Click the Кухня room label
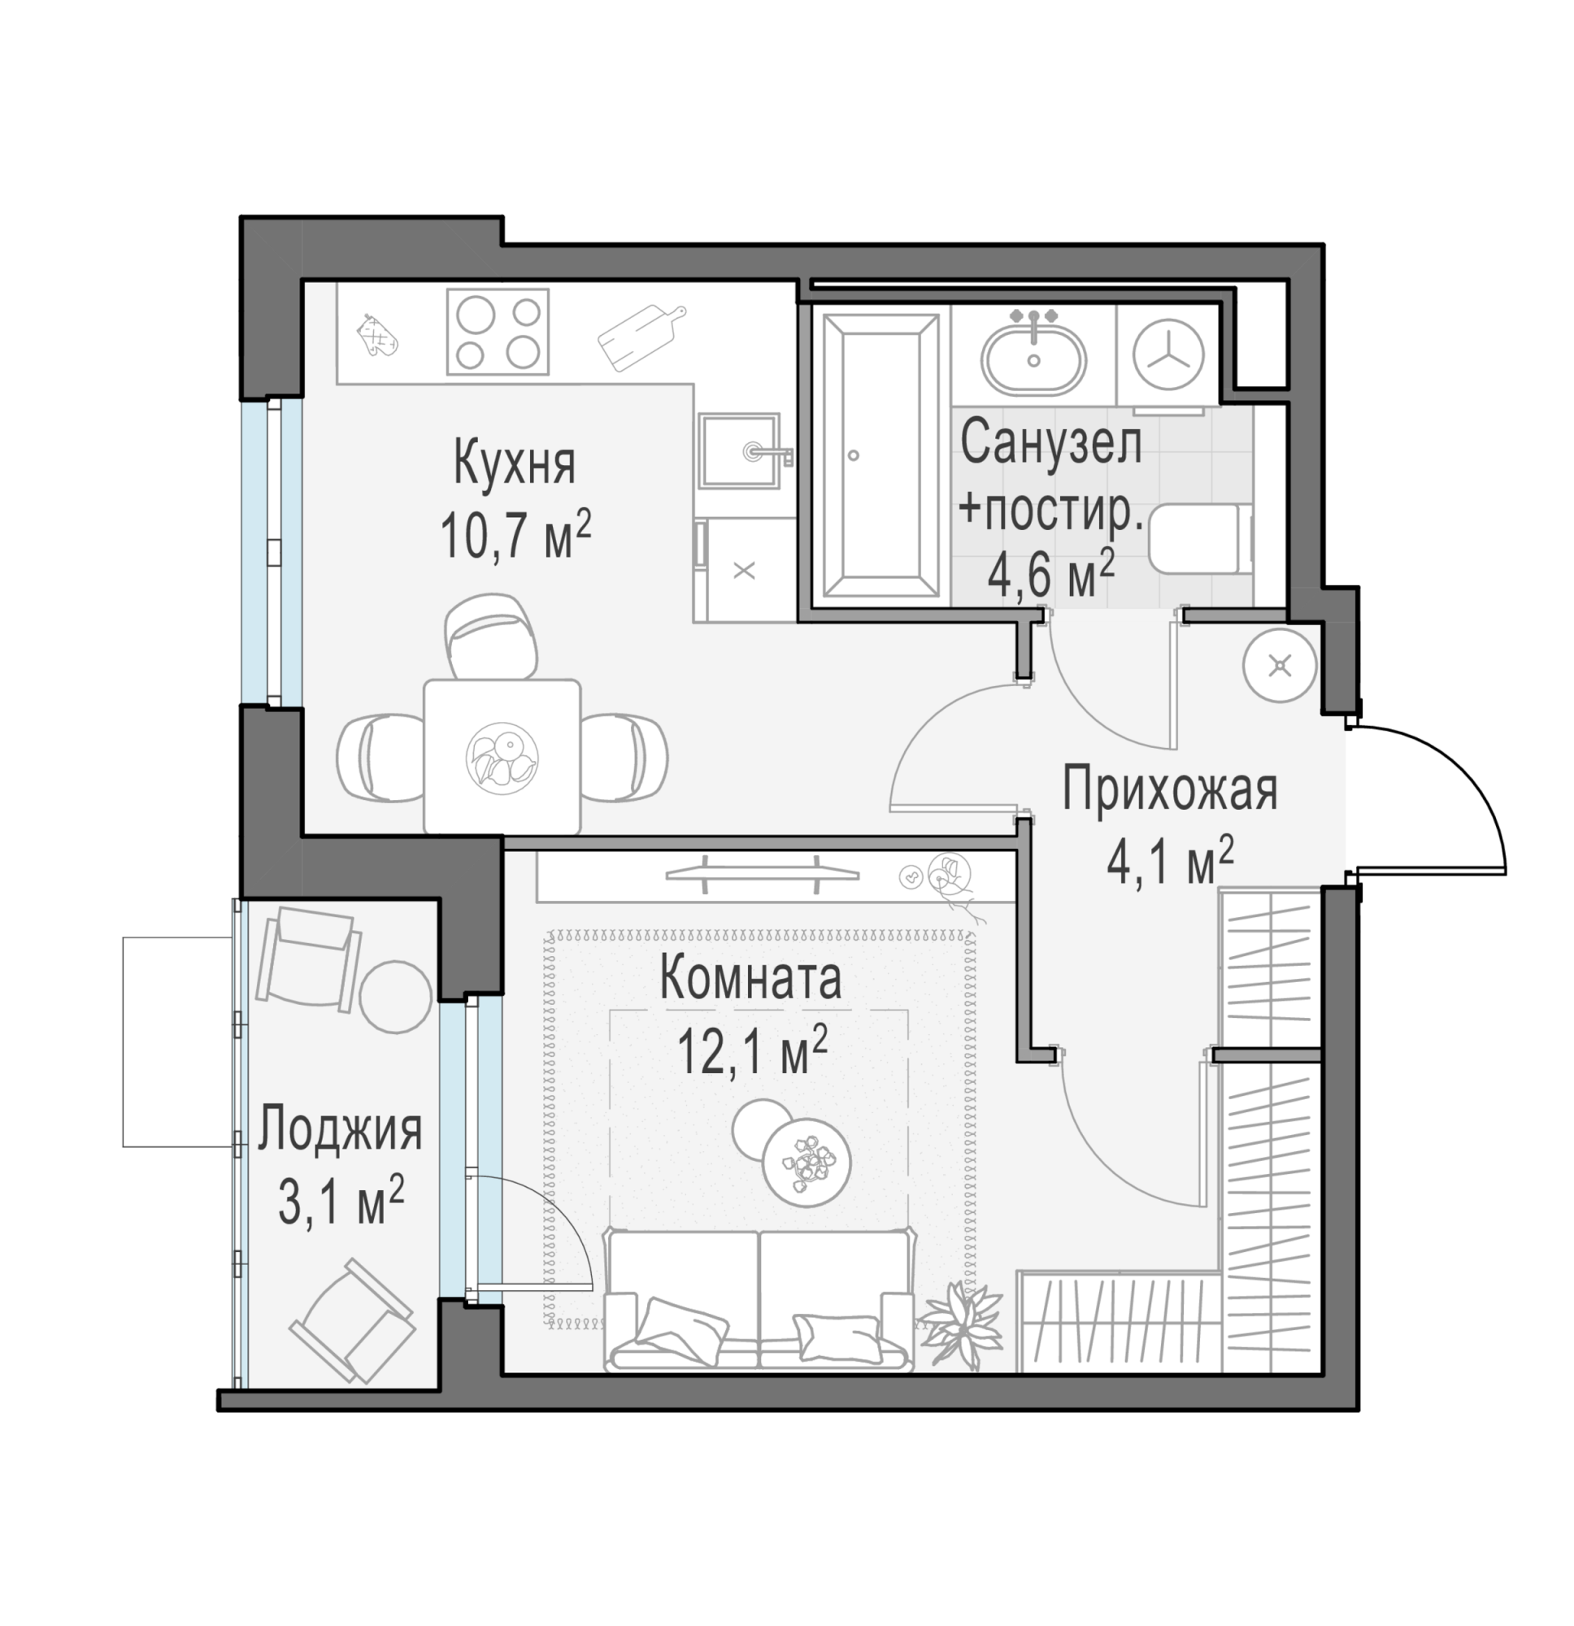click(x=515, y=464)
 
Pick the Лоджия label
click(x=339, y=1130)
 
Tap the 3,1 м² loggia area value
click(x=340, y=1201)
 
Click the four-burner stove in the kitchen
click(x=498, y=331)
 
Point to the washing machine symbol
click(x=1168, y=354)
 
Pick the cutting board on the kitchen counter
click(x=641, y=337)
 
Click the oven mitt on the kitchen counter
click(x=376, y=337)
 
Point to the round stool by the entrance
click(x=1281, y=665)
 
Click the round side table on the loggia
click(x=396, y=998)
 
